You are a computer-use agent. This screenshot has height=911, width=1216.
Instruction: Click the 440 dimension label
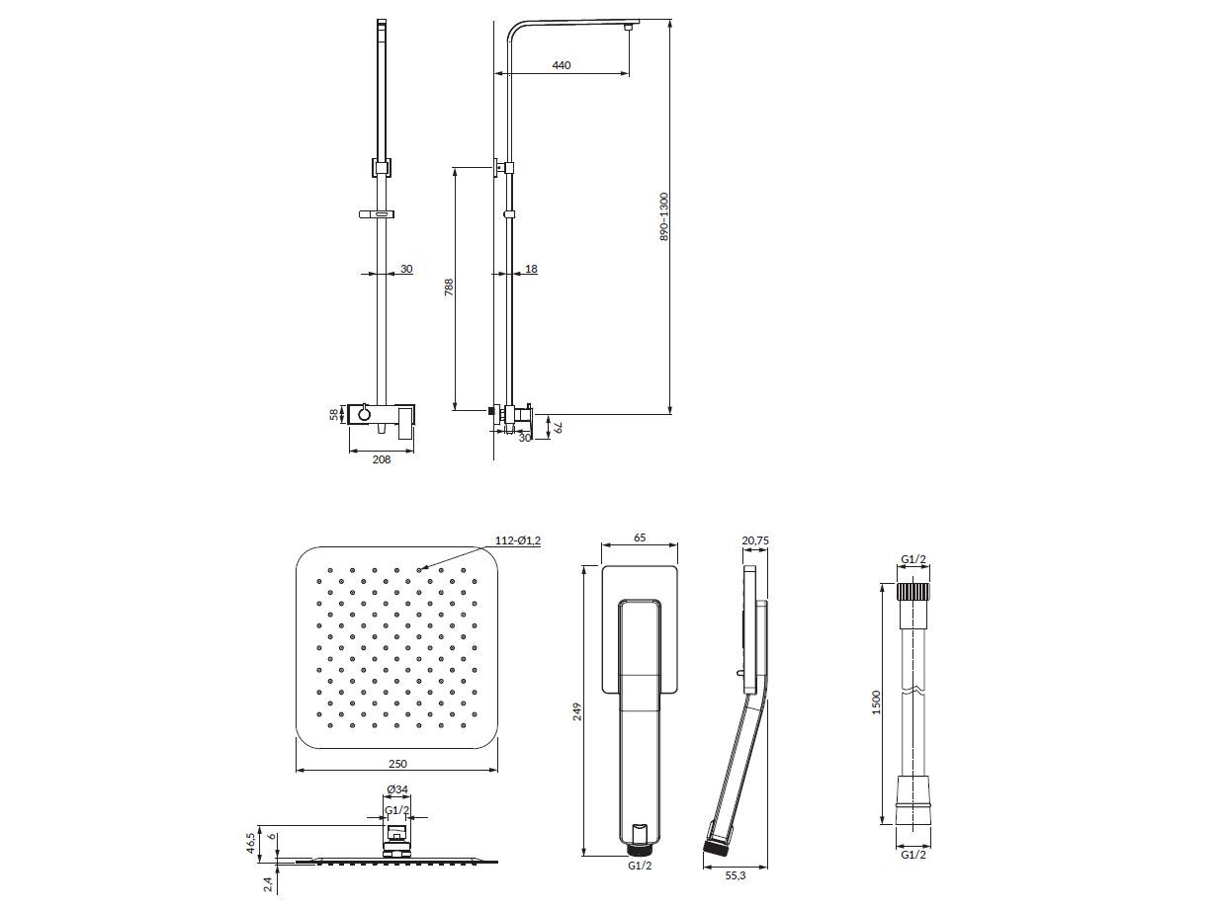coord(562,65)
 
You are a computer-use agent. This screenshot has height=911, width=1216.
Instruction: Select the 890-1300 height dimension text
coord(664,216)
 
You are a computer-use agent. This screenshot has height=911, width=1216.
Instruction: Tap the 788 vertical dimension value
coord(449,288)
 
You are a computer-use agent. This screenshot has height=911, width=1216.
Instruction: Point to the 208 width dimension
coord(382,459)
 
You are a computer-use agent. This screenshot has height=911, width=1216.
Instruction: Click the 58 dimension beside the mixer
coord(334,414)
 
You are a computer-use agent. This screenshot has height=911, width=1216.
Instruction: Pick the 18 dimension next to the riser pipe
coord(531,269)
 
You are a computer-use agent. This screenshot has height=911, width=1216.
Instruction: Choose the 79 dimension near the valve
coord(558,427)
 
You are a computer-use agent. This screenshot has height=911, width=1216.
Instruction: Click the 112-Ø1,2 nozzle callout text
coord(517,540)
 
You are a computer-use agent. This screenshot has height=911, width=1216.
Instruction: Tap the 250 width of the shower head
coord(397,764)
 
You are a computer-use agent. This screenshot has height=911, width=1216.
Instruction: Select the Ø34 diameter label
coord(397,789)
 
